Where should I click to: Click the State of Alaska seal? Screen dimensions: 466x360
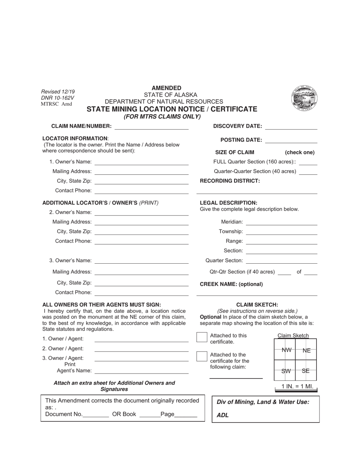point(304,98)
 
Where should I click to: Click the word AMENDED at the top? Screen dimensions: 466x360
point(166,88)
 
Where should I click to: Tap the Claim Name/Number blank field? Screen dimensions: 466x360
point(151,127)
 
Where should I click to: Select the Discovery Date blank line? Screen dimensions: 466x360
point(291,127)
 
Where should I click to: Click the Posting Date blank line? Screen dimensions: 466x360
point(291,141)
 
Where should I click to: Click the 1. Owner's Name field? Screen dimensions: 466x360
point(141,163)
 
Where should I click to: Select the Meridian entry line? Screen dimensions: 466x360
point(281,223)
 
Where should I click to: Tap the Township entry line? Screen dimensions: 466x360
point(281,233)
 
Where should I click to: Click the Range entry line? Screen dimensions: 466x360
point(281,242)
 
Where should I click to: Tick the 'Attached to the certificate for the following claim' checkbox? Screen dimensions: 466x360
point(202,356)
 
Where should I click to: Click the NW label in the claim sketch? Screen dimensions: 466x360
point(286,350)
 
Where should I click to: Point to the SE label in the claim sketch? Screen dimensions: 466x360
point(306,371)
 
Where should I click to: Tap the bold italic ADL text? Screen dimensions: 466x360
point(222,415)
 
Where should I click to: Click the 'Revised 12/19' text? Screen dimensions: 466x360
point(58,92)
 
